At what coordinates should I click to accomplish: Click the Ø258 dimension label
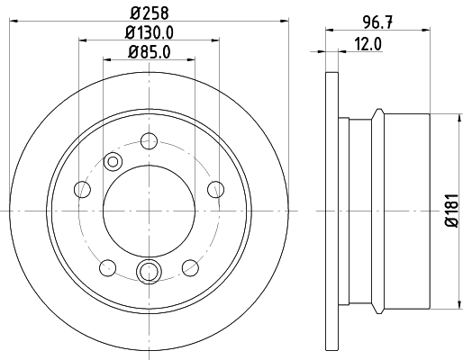click(150, 13)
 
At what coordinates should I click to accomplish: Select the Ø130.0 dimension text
click(150, 32)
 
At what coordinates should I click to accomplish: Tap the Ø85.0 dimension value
click(150, 51)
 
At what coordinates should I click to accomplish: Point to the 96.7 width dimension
click(377, 22)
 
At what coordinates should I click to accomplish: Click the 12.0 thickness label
click(368, 44)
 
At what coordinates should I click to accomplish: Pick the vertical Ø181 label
click(452, 211)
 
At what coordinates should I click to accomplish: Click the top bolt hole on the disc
click(149, 141)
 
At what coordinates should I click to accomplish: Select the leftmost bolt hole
click(82, 189)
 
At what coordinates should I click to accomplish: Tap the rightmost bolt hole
click(215, 189)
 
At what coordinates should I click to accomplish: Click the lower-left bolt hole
click(108, 268)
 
